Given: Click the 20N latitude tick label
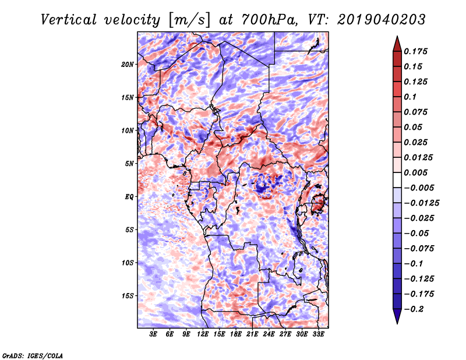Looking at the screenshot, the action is tap(128, 64).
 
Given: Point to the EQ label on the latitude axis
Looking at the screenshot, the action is tap(129, 197).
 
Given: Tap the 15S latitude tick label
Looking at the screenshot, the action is tap(128, 296).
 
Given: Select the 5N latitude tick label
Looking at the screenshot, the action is tap(129, 164).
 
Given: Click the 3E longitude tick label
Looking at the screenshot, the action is tap(153, 334).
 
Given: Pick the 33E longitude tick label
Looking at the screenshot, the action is tap(318, 334).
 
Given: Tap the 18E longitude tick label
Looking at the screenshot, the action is tap(236, 334).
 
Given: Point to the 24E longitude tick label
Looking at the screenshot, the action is tap(269, 334).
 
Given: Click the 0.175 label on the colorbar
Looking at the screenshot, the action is tap(415, 51).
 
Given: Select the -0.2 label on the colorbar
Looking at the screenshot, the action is tap(414, 309).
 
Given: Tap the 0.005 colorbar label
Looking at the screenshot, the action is tap(415, 172).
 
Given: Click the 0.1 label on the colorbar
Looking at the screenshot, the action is tap(410, 97).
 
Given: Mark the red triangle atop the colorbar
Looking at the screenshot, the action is tap(397, 44).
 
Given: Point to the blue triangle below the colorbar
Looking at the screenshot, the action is tap(397, 316).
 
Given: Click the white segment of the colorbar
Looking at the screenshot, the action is tap(397, 180).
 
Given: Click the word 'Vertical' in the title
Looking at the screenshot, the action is tap(69, 20).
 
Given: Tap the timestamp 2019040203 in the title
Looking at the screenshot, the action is tap(382, 20).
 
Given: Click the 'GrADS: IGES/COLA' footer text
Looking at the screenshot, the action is tap(33, 356).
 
